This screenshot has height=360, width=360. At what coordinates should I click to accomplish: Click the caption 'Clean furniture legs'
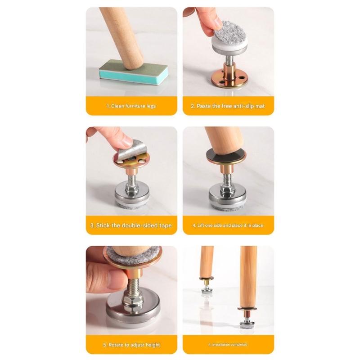131,106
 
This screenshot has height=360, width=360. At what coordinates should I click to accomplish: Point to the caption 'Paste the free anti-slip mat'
228,106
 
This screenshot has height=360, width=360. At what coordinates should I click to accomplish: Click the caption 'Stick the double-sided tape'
131,225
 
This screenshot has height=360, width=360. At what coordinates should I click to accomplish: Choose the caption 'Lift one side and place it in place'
228,225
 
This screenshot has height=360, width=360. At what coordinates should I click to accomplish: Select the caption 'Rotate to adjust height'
131,345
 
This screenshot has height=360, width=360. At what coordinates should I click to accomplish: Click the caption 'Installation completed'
228,345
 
